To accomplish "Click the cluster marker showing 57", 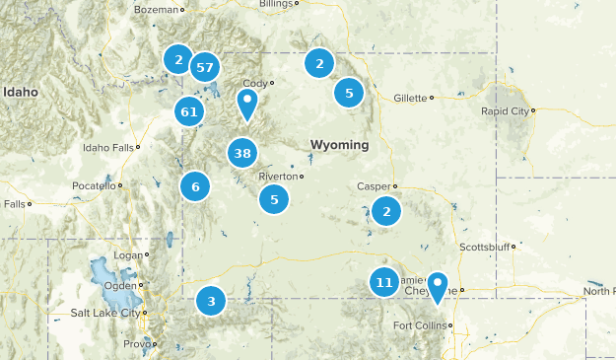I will coord(205,67).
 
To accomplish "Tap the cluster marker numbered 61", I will coord(189,111).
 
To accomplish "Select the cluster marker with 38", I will coord(242,153).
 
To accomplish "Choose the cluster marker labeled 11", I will coord(384,283).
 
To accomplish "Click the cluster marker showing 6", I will coord(195,186).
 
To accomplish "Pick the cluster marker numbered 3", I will coord(211,301).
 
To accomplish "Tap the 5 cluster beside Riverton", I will coord(274,199).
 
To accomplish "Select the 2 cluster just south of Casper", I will coord(387,210).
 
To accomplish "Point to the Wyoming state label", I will coord(339,145).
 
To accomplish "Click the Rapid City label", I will coord(505,111).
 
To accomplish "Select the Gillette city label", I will coord(409,98).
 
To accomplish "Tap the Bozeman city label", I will coord(159,9).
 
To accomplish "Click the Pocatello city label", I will coord(94,185).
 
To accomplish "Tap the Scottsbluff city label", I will coord(482,247).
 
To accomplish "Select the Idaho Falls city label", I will coord(107,148).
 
